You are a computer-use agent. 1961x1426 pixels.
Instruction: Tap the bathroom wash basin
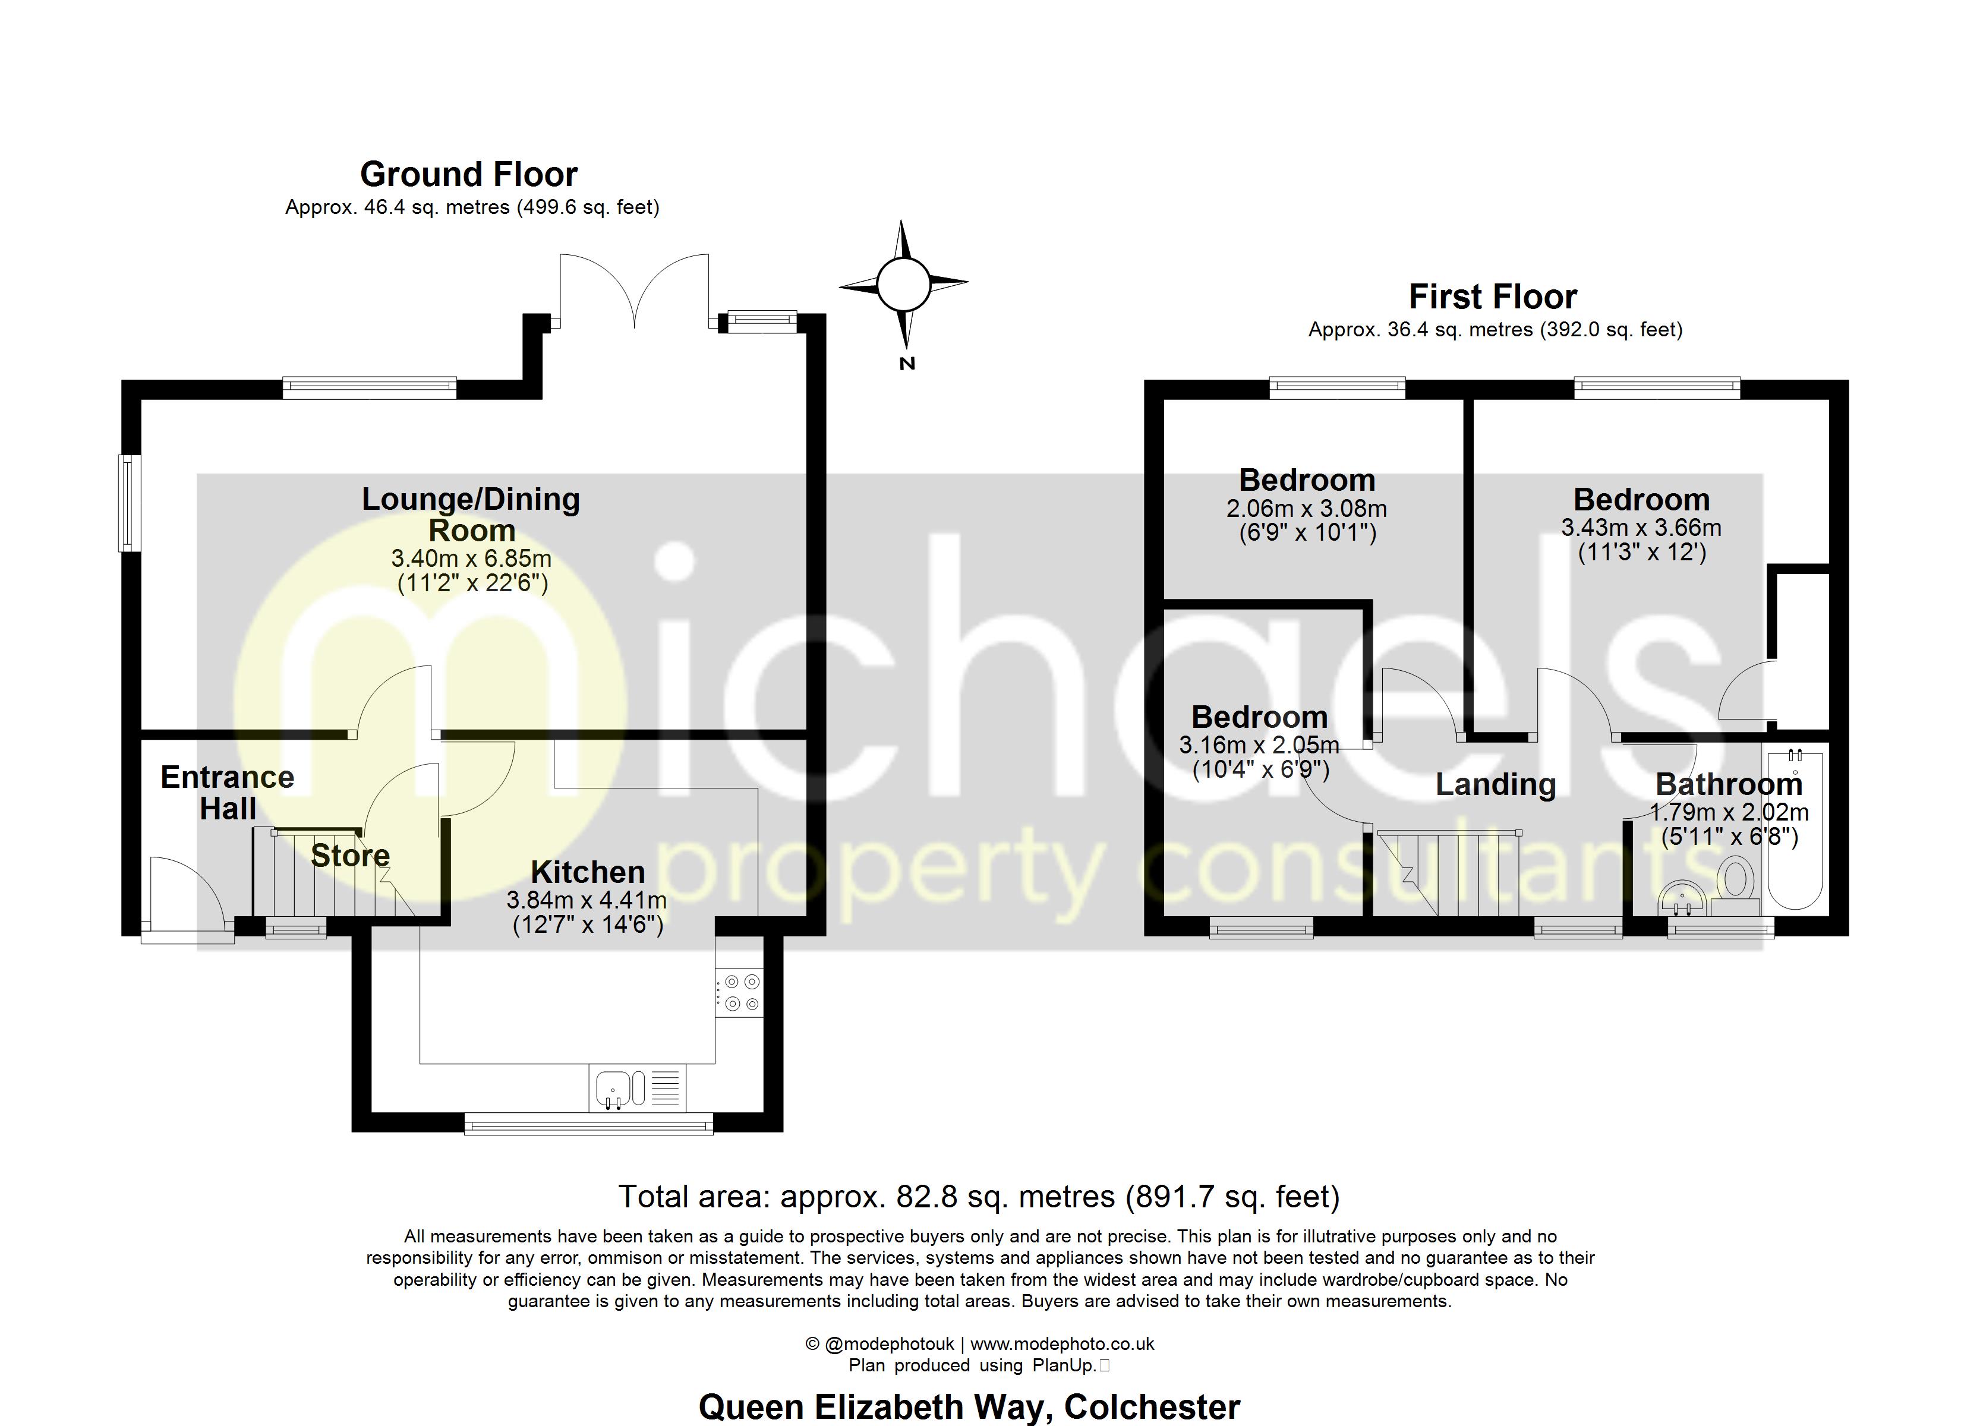(1682, 900)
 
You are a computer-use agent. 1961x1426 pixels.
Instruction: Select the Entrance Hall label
(228, 792)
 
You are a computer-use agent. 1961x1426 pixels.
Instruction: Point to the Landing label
(1496, 784)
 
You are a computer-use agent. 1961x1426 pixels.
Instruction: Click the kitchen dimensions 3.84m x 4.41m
(587, 900)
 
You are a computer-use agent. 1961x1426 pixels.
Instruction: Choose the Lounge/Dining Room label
(471, 514)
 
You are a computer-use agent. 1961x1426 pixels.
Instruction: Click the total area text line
(979, 1197)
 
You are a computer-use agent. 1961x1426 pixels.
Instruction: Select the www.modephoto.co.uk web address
(1062, 1344)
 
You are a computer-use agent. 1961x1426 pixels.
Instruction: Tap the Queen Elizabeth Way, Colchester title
(969, 1407)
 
